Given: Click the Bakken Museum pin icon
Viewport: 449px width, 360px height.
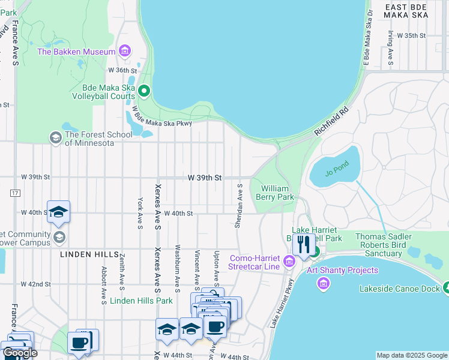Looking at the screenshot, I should point(125,52).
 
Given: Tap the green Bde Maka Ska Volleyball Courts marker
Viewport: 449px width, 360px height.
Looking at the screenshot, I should point(143,91).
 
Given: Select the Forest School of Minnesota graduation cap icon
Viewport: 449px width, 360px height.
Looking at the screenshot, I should point(56,138).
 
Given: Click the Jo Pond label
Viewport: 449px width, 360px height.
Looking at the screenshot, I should point(336,173).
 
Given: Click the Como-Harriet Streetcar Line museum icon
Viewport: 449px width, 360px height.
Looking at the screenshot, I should point(289,262).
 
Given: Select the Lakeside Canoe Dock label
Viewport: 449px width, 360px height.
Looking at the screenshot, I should point(399,289).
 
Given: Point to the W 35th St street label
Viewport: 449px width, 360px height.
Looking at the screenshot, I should point(411,35).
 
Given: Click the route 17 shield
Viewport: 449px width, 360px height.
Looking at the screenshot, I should point(14,193).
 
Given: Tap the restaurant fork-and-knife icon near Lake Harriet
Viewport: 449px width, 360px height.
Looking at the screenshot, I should point(303,244).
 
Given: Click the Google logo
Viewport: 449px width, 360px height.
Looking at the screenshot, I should point(20,353).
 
